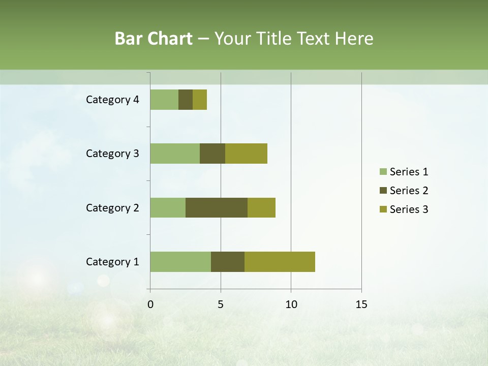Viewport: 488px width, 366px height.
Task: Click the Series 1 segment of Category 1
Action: [180, 262]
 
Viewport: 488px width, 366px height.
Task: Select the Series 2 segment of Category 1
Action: [228, 262]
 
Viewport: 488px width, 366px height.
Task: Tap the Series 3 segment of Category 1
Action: [280, 262]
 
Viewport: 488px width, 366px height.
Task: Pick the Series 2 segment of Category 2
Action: [217, 207]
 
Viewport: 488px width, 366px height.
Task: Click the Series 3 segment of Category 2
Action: [261, 207]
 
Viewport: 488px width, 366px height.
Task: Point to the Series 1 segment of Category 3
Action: [175, 154]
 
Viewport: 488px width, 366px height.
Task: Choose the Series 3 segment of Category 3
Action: [246, 154]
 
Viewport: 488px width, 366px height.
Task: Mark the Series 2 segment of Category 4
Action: [186, 100]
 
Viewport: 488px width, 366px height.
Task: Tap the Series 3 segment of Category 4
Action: [200, 100]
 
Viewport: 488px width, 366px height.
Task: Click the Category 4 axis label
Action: [112, 100]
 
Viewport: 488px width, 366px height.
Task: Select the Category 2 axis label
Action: [112, 207]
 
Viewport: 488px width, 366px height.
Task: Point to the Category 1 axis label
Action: [112, 262]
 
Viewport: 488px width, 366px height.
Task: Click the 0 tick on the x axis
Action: [150, 304]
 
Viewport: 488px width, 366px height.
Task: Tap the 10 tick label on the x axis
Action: [291, 304]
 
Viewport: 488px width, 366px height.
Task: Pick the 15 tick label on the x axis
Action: [361, 304]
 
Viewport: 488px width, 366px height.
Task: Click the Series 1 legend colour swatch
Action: [383, 172]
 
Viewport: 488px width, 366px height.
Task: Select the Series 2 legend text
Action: [409, 191]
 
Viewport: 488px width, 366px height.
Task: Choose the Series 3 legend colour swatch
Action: [383, 209]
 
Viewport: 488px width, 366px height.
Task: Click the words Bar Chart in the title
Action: [154, 39]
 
